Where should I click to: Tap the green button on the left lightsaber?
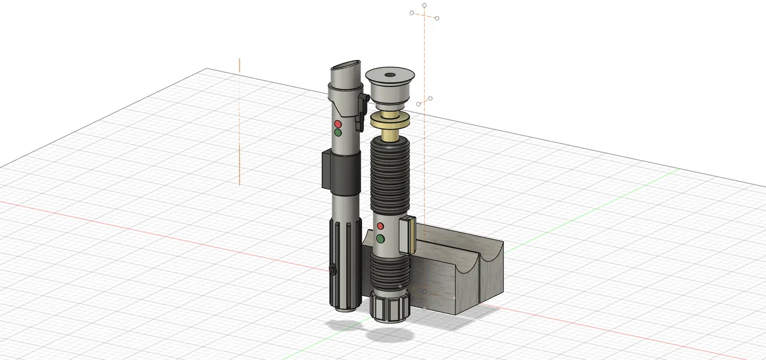(x=338, y=132)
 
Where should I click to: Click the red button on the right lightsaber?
(x=380, y=226)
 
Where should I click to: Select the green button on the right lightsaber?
(x=380, y=238)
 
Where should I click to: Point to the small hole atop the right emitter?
(x=390, y=75)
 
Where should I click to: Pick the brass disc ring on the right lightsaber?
(x=390, y=120)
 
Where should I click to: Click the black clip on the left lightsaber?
(x=362, y=109)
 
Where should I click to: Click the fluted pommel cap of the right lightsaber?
(x=390, y=306)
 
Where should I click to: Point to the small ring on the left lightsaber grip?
(x=333, y=269)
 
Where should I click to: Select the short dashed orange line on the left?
(x=240, y=121)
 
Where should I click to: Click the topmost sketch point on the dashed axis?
(x=424, y=5)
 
